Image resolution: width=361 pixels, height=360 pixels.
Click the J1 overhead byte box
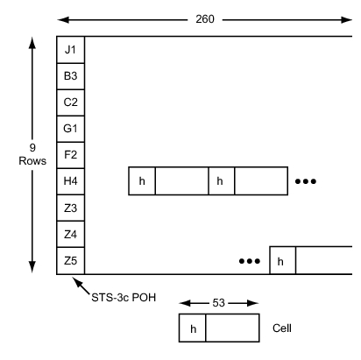point(71,50)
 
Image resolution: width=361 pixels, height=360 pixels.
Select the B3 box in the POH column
point(71,76)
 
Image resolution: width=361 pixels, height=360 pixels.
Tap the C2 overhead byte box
point(71,102)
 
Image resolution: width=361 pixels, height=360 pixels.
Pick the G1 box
point(71,129)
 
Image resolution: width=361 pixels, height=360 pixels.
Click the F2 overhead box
point(71,155)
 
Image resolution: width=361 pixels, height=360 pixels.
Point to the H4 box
point(71,181)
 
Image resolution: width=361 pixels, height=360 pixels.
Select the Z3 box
point(71,208)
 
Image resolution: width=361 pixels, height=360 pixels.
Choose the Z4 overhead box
point(71,234)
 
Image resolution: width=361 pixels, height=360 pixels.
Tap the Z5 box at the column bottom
point(71,261)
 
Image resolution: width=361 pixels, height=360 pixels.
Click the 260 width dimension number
point(205,19)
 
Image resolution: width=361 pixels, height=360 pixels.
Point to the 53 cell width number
point(218,303)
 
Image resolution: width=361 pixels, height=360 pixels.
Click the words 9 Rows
point(32,154)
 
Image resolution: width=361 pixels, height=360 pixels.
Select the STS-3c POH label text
point(124,298)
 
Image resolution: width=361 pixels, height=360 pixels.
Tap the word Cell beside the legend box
point(282,328)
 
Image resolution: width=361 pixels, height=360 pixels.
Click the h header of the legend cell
point(193,328)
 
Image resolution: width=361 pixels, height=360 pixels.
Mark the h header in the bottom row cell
point(283,260)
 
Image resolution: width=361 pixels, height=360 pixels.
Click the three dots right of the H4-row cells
point(306,181)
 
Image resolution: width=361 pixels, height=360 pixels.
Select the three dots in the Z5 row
point(250,261)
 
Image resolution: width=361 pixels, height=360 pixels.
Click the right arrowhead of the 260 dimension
point(346,20)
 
